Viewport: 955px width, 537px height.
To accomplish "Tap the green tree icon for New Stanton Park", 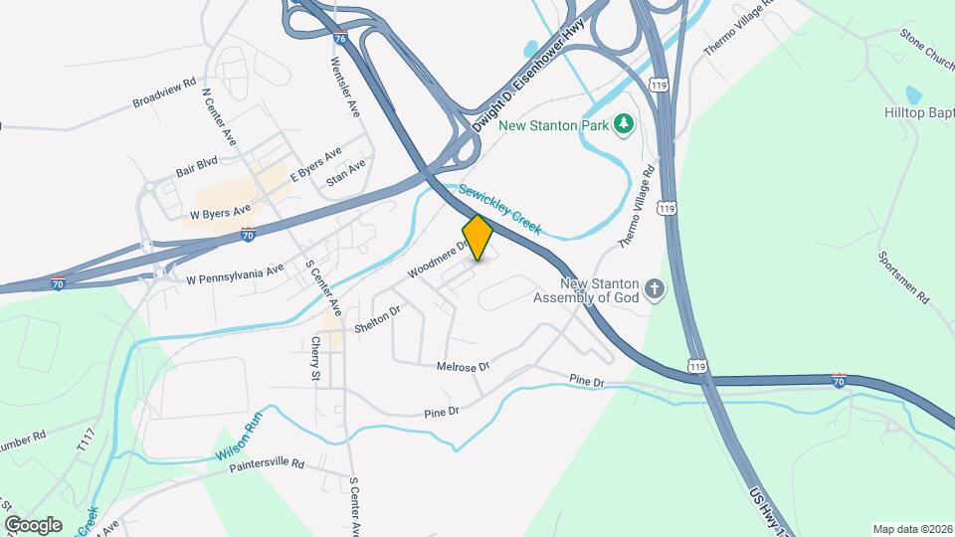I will click(624, 123).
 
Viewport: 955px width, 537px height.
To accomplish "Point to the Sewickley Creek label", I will click(499, 207).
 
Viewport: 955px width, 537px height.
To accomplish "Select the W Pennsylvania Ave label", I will click(236, 274).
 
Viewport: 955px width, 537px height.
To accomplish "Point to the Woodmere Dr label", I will click(437, 257).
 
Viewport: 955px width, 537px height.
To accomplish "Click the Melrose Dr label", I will click(464, 367).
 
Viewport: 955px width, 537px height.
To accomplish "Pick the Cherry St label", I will click(315, 359).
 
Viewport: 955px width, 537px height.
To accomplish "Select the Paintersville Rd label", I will click(267, 465).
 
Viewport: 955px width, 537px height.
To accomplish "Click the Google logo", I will click(32, 524).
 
